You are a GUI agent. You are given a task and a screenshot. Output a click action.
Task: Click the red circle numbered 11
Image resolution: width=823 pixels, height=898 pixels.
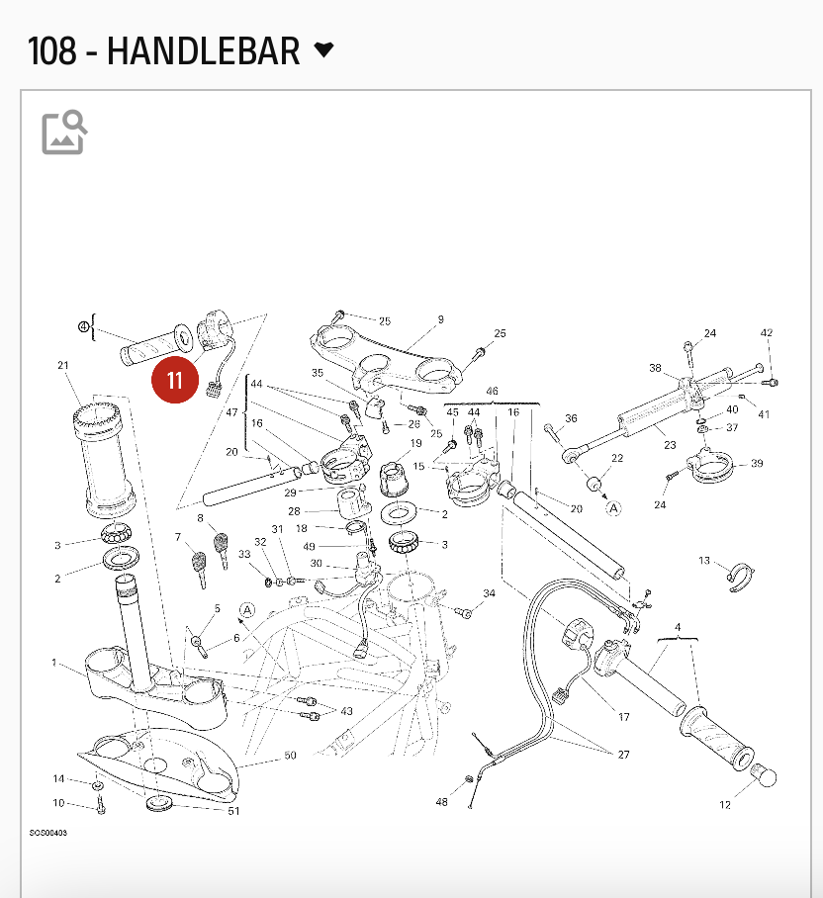pos(175,381)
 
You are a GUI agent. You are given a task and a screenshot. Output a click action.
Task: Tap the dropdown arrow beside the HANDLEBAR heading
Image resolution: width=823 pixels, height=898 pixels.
pos(323,49)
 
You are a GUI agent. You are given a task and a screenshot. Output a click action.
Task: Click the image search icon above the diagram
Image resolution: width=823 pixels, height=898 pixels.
pos(64,133)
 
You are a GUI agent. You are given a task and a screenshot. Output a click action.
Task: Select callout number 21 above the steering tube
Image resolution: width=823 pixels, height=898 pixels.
pos(63,367)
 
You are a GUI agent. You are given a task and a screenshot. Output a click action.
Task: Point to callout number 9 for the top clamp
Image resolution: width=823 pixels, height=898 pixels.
pos(440,319)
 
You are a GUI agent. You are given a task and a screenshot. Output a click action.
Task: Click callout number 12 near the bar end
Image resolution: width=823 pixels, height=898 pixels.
pos(725,805)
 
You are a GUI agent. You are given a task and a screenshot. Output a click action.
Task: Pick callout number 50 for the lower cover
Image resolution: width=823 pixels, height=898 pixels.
pos(290,756)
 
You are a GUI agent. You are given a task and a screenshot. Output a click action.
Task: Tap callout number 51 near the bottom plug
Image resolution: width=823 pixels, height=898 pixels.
pos(233,812)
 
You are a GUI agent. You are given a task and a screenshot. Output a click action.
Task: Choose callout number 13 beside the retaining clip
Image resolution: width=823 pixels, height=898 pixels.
pos(704,561)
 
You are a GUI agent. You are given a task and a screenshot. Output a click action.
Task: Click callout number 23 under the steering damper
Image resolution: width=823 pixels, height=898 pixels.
pos(670,445)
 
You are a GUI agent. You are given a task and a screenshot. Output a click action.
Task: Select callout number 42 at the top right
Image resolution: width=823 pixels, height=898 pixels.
pos(767,333)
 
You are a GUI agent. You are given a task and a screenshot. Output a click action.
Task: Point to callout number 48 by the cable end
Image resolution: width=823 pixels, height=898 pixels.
pos(441,802)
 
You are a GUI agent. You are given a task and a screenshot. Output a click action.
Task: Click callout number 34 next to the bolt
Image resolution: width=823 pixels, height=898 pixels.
pos(489,593)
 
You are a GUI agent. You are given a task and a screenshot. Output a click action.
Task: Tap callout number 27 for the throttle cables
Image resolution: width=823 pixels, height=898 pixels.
pos(623,755)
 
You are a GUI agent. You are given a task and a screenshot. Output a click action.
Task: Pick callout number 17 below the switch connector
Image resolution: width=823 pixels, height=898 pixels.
pos(623,717)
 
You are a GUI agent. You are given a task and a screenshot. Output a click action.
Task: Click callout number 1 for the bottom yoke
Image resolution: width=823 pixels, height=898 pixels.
pos(55,662)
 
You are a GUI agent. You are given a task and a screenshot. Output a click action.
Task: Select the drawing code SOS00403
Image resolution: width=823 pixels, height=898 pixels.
pos(48,833)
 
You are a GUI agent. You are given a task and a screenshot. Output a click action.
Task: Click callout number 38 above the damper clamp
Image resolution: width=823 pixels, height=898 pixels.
pos(655,368)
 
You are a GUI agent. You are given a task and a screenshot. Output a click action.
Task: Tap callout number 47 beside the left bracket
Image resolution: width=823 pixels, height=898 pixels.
pos(231,411)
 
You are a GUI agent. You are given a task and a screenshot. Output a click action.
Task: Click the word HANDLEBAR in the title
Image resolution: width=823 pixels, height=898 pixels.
pos(203,50)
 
